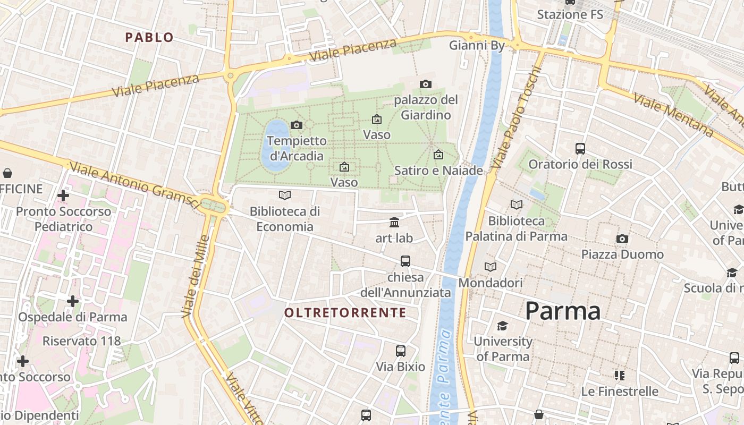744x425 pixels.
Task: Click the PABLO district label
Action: pyautogui.click(x=149, y=37)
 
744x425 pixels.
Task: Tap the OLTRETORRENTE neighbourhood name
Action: pyautogui.click(x=345, y=312)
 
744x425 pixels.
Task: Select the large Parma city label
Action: pyautogui.click(x=563, y=311)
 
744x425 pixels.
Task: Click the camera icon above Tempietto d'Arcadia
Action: pyautogui.click(x=297, y=125)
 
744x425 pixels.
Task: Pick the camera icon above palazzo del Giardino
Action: pyautogui.click(x=425, y=84)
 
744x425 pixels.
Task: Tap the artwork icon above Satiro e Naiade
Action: pyautogui.click(x=438, y=155)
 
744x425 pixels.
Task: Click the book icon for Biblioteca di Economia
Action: pyautogui.click(x=285, y=195)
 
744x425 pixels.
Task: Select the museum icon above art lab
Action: pyautogui.click(x=394, y=222)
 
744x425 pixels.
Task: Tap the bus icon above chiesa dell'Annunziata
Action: pyautogui.click(x=405, y=261)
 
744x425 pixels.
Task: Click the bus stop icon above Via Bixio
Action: pyautogui.click(x=401, y=351)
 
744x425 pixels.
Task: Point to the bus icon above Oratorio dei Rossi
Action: pyautogui.click(x=580, y=149)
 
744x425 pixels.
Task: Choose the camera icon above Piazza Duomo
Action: pyautogui.click(x=622, y=239)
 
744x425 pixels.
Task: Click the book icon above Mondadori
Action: pyautogui.click(x=491, y=267)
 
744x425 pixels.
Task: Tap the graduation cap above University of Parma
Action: pyautogui.click(x=502, y=326)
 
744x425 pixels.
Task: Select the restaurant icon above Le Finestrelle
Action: pyautogui.click(x=620, y=376)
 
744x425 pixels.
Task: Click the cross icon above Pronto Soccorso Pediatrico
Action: pyautogui.click(x=63, y=195)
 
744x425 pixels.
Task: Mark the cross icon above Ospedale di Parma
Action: pyautogui.click(x=73, y=301)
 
